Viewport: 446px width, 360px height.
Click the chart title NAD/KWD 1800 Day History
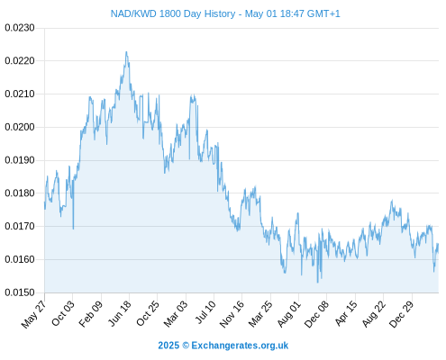click(173, 13)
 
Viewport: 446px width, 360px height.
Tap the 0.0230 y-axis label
click(20, 28)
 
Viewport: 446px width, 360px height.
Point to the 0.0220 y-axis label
click(20, 61)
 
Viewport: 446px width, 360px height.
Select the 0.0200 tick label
click(20, 127)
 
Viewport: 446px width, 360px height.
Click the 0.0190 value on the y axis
click(20, 160)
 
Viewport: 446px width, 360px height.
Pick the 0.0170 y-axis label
click(20, 226)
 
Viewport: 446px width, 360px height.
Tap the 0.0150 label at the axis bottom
click(20, 292)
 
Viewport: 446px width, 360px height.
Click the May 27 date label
click(33, 313)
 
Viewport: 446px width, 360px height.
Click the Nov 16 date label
click(232, 313)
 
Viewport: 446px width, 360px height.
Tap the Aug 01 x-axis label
click(288, 313)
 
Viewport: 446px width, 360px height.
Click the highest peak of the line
click(126, 51)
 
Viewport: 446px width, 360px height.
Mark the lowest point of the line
click(317, 283)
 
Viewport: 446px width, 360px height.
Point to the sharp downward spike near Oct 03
click(73, 229)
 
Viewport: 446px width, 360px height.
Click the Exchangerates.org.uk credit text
click(240, 346)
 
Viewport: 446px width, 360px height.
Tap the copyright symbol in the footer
click(186, 346)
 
